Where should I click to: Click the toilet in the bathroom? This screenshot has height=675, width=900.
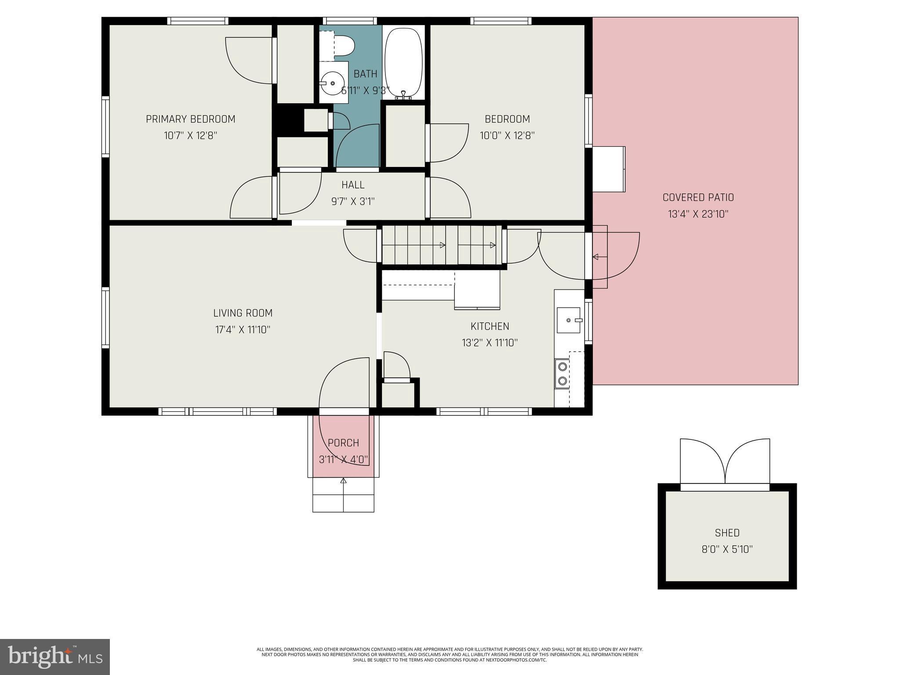tap(341, 46)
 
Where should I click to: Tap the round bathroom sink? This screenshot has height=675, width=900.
tap(332, 83)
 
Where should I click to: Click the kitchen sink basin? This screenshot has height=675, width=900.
tap(568, 320)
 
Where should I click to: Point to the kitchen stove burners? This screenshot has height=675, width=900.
tap(562, 374)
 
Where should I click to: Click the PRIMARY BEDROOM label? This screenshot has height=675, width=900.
tap(190, 119)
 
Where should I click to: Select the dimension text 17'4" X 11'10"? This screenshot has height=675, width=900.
tap(243, 330)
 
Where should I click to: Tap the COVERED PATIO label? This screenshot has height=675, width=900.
tap(698, 198)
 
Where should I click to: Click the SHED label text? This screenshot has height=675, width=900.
tap(727, 533)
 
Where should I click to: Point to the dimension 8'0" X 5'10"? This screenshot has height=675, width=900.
tap(727, 549)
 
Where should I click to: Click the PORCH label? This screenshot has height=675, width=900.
tap(343, 443)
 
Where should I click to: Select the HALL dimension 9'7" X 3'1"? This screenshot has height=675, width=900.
tap(352, 202)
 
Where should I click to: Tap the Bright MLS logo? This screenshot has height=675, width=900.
tap(54, 657)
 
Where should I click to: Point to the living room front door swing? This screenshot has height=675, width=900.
tap(343, 382)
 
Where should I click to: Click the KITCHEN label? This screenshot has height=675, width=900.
tap(490, 327)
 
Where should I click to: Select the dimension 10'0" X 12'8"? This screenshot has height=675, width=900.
tap(507, 135)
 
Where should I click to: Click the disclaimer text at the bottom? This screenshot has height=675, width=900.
tap(450, 654)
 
